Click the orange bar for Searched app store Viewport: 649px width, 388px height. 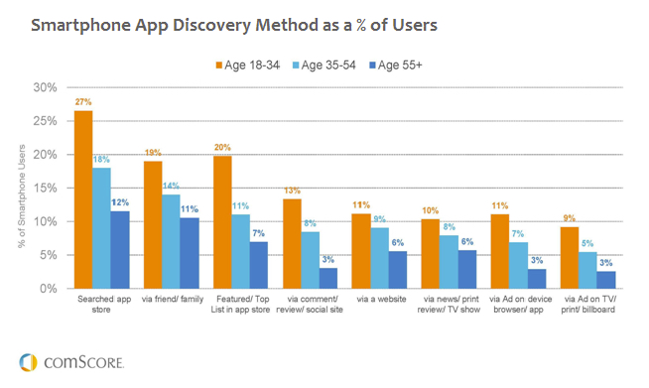[83, 198]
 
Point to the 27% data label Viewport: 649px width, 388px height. [82, 101]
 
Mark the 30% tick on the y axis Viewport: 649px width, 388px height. [46, 87]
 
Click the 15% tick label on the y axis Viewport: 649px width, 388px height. [46, 188]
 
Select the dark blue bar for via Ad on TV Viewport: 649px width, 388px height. [606, 279]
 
